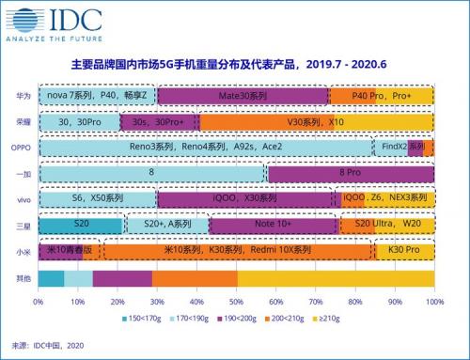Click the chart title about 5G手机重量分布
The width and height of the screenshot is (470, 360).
pyautogui.click(x=235, y=68)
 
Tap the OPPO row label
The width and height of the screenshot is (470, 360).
pyautogui.click(x=20, y=148)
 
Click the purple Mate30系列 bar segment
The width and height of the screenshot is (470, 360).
pyautogui.click(x=243, y=96)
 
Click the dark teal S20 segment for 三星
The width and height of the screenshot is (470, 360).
pyautogui.click(x=81, y=226)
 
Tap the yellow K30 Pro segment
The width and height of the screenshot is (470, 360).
pyautogui.click(x=403, y=251)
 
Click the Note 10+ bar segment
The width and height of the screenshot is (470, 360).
pyautogui.click(x=273, y=226)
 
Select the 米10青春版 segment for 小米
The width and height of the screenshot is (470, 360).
pyautogui.click(x=70, y=251)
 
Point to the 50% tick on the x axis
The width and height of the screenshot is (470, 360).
pyautogui.click(x=236, y=303)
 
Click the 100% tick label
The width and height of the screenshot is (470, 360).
pyautogui.click(x=433, y=303)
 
